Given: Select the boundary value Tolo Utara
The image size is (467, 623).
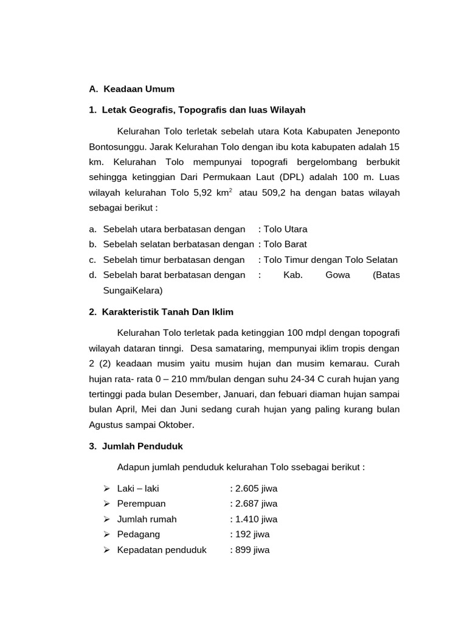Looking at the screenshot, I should coord(285,229).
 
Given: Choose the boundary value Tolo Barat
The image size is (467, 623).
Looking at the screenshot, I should coord(285,245).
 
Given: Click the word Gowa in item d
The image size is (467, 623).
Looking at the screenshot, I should coord(337,275).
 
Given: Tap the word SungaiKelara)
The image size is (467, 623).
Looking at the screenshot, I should coord(133,290).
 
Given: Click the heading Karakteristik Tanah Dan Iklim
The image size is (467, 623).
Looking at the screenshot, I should coord(168,311).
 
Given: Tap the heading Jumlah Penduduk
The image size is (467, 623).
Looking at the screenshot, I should coord(142,446).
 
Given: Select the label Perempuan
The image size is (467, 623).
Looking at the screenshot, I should coord(141,504).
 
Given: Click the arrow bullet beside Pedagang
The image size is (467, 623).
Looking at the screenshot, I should coord(106,534).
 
